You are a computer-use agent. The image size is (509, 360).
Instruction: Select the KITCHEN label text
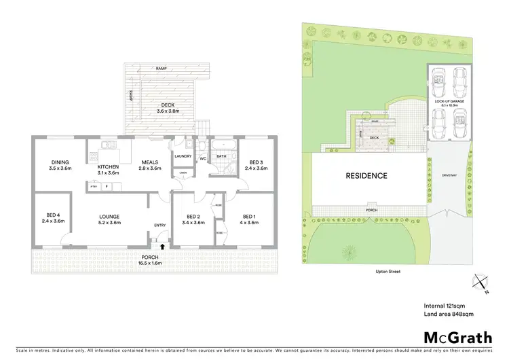coord(108,166)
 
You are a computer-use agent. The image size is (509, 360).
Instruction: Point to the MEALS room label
coord(149,162)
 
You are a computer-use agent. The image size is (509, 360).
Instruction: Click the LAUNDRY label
coord(183,156)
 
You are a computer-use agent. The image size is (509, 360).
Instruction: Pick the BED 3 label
coord(255,162)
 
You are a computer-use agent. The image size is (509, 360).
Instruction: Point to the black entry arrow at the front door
coord(161,247)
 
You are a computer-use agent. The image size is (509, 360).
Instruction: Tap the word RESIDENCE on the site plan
coord(366,175)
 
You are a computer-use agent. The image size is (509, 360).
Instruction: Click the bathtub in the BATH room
coord(223,145)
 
